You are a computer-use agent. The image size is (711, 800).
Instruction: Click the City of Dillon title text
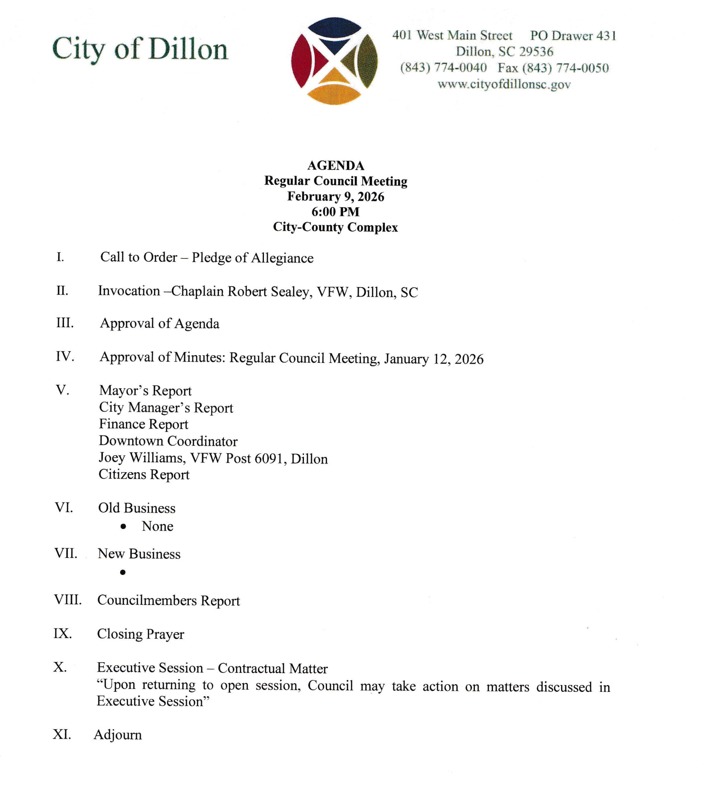(x=140, y=49)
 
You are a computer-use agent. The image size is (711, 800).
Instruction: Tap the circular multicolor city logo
(x=334, y=61)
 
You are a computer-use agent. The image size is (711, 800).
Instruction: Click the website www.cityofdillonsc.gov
(x=504, y=84)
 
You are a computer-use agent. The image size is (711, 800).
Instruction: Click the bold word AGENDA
(x=336, y=166)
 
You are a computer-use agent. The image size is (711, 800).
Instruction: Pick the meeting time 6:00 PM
(x=335, y=212)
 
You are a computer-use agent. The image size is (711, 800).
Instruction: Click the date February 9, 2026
(x=336, y=197)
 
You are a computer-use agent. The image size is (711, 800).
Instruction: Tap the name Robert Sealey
(x=270, y=292)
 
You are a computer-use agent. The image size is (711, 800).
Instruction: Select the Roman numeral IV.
(x=65, y=356)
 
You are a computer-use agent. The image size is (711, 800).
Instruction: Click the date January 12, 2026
(x=434, y=359)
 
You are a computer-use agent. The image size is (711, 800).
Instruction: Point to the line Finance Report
(x=143, y=424)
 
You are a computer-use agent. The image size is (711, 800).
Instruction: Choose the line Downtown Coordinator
(x=168, y=441)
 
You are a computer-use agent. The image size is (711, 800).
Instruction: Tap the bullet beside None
(x=123, y=527)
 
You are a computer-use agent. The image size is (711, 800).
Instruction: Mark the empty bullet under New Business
(x=123, y=572)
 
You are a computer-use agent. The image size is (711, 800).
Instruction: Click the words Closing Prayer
(x=141, y=634)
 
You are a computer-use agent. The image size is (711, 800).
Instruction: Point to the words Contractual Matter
(x=273, y=668)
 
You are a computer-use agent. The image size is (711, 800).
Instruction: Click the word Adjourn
(x=118, y=735)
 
